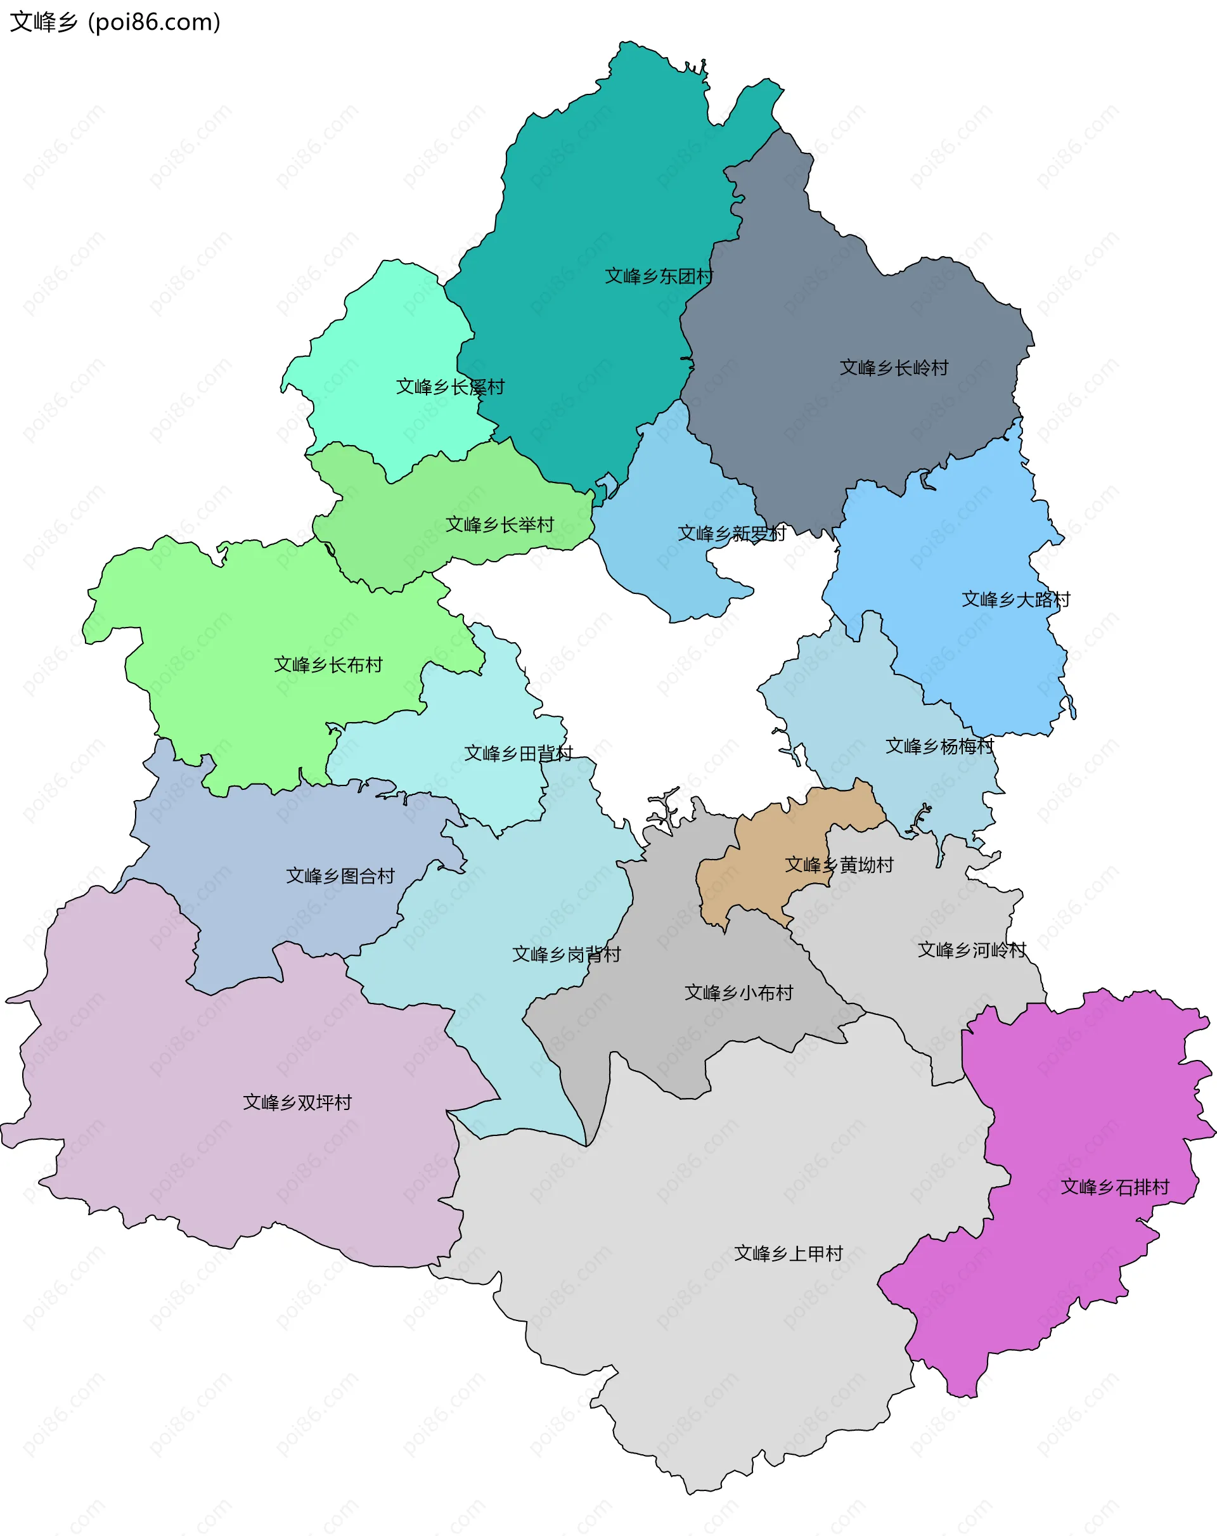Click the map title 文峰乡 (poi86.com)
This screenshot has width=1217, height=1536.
tap(115, 22)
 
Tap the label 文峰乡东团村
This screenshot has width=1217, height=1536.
tap(659, 276)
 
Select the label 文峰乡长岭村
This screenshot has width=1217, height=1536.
tap(894, 368)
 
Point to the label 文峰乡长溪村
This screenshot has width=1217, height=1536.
tap(449, 387)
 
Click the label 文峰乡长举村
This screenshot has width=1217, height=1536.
tap(499, 525)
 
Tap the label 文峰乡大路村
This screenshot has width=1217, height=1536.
tap(1015, 600)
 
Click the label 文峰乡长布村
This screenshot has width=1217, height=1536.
tap(328, 665)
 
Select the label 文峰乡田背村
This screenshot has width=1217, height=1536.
tap(518, 754)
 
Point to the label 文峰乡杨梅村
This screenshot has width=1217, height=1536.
tap(939, 747)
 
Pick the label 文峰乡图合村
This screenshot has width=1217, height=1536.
tap(340, 876)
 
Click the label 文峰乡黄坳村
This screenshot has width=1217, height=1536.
tap(839, 865)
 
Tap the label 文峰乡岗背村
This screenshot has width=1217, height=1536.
tap(567, 955)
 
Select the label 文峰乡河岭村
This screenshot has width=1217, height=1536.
tap(971, 950)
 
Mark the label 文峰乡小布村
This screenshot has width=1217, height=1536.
tap(738, 993)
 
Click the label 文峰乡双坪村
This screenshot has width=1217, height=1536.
tap(297, 1103)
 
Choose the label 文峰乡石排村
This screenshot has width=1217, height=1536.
tap(1114, 1187)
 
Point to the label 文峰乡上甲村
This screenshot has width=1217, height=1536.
tap(788, 1253)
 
